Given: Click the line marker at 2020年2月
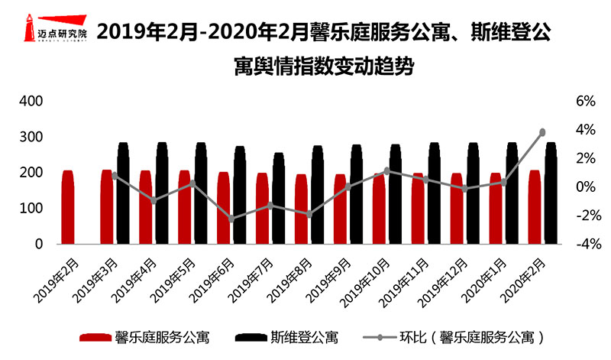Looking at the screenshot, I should coord(543,132).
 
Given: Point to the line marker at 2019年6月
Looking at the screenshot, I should coord(231,219).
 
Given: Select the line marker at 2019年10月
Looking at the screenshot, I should coord(387,171).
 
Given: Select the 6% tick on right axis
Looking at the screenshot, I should coord(584,102).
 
